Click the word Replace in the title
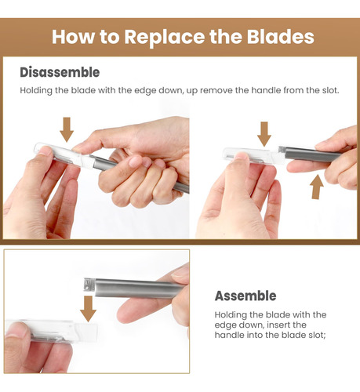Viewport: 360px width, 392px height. point(165,37)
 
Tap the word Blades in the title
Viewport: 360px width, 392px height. point(281,36)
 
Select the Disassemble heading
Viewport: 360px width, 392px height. point(60,72)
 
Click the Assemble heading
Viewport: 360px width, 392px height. point(245,296)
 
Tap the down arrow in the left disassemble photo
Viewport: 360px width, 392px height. point(67,129)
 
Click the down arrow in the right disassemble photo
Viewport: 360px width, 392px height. point(264,134)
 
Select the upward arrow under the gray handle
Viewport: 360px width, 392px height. point(317,187)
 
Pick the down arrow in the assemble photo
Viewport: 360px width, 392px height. point(88,309)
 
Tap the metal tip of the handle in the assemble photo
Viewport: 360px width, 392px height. point(89,285)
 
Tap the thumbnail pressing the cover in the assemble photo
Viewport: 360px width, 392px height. point(16,330)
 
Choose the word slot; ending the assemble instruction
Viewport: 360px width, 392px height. point(317,336)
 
